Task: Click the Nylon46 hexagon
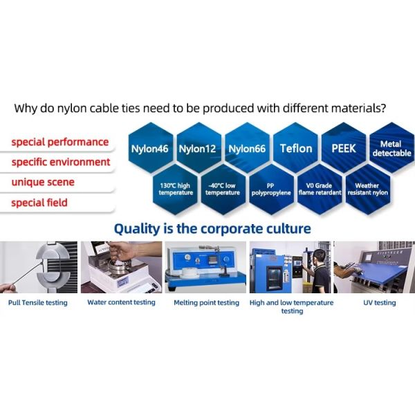151,148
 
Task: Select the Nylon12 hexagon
199,148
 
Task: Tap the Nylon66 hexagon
247,148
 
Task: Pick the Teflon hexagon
295,148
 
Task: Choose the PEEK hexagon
344,148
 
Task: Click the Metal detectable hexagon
392,148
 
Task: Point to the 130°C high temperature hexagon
175,190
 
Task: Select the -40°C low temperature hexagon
223,190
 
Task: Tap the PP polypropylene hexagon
272,190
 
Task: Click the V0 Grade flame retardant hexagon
320,190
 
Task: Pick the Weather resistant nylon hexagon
368,190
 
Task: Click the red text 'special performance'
60,142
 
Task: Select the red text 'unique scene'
43,182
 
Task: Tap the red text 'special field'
39,203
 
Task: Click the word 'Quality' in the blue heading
137,229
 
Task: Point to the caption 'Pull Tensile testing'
38,302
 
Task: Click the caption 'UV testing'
380,302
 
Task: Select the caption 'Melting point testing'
206,302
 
